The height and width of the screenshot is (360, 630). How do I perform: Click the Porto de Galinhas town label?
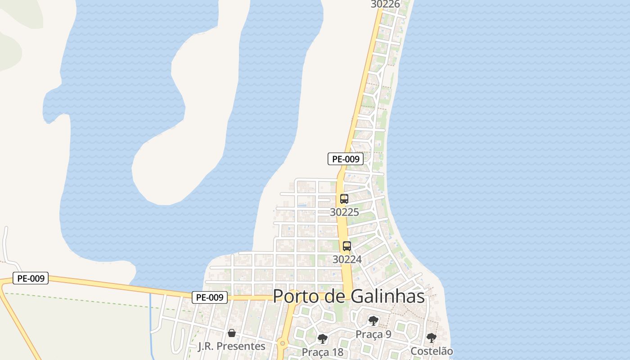tap(349, 296)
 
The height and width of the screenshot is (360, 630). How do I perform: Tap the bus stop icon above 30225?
tap(344, 198)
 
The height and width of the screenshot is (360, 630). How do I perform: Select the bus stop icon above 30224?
tap(347, 246)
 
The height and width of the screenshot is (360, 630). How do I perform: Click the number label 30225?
tap(344, 212)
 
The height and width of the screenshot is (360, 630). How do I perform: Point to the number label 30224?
tap(347, 259)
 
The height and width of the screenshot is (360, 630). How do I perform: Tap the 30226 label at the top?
tap(385, 4)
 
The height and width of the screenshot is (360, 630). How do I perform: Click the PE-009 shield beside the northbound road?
tap(345, 158)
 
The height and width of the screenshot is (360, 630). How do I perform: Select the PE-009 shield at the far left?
tap(31, 278)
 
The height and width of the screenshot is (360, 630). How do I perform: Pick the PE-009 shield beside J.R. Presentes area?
tap(210, 297)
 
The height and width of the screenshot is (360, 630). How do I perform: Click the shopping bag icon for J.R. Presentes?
tap(232, 333)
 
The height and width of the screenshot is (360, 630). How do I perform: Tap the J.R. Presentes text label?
tap(232, 346)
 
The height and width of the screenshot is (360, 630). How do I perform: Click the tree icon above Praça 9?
tap(373, 321)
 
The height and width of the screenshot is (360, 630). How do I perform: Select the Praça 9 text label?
tap(373, 334)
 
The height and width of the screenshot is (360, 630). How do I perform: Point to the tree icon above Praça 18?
tap(322, 338)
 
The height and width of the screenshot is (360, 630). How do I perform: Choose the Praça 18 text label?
tap(322, 351)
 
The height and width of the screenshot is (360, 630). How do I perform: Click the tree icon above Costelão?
tap(432, 337)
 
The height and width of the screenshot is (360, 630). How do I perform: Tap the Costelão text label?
tap(432, 351)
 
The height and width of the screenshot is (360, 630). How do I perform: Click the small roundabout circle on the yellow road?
tap(282, 344)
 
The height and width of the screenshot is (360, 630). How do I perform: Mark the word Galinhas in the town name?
tap(387, 296)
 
